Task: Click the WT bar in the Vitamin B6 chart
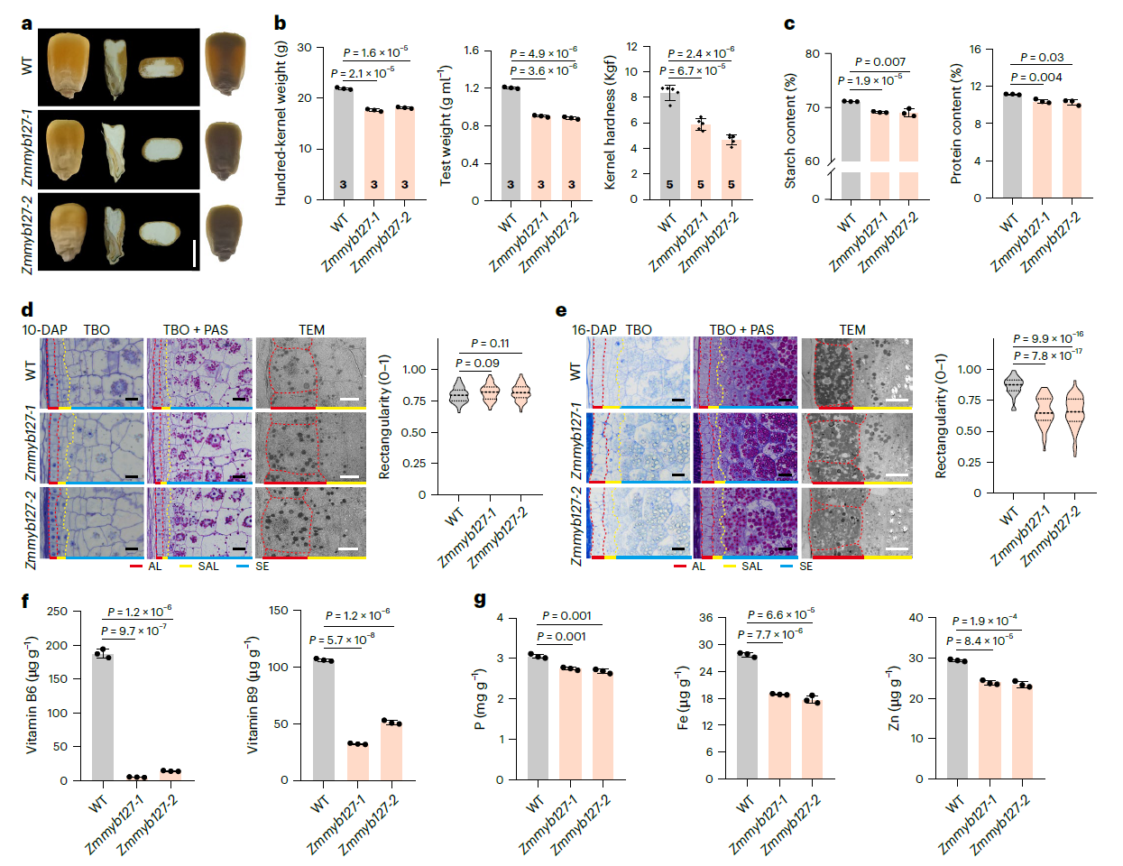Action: pos(103,717)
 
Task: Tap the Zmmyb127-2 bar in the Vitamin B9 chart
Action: pos(391,751)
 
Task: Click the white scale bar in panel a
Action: pos(193,253)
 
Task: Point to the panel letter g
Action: pos(480,599)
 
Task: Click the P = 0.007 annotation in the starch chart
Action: pos(879,61)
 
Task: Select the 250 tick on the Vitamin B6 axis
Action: pos(57,612)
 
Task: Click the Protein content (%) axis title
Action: pos(955,124)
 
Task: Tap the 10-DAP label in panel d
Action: pos(44,329)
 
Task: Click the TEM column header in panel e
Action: pos(851,329)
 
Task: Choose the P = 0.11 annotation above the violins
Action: pos(490,344)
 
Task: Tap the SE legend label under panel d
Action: pos(262,567)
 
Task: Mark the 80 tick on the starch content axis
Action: pos(813,54)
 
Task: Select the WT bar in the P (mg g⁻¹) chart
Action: pos(538,717)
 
